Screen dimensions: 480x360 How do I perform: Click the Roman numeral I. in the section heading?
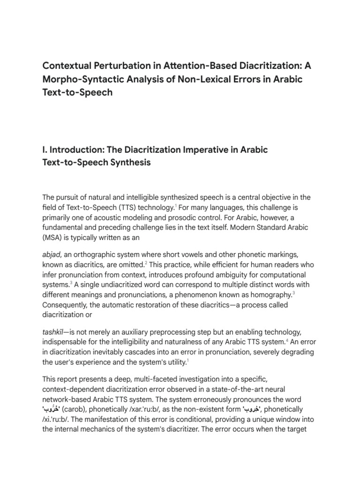point(46,150)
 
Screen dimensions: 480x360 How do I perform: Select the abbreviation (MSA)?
point(54,237)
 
